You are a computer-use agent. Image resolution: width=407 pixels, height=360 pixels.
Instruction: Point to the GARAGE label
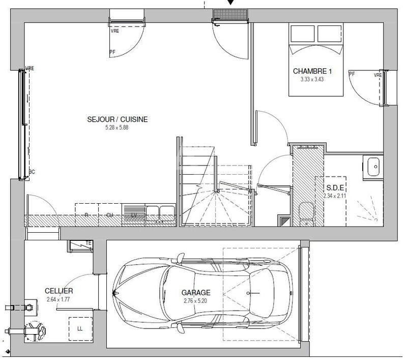[x=196, y=293]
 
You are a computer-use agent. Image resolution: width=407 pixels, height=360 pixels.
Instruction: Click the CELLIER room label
[x=59, y=291]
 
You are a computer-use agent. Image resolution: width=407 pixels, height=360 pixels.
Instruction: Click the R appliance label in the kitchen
[x=86, y=215]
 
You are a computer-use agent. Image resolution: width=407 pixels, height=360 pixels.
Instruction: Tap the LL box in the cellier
[x=80, y=328]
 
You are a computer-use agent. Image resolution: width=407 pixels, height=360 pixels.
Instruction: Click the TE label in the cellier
[x=89, y=243]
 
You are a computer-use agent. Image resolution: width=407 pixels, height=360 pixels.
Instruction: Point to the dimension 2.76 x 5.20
[x=196, y=301]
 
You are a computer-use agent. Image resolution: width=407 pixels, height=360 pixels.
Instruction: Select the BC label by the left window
[x=32, y=172]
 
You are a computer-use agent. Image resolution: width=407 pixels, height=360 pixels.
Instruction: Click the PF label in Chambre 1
[x=352, y=74]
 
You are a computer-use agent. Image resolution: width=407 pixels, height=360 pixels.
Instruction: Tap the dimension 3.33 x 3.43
[x=312, y=79]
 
